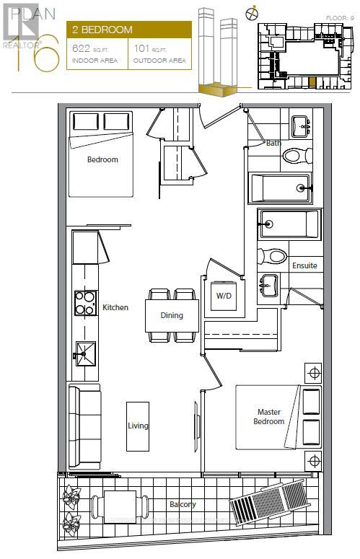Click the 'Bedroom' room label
coord(102,159)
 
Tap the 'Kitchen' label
coord(115,307)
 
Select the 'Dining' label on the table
coord(172,315)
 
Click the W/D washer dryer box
coord(224,296)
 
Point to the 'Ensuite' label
coord(304,265)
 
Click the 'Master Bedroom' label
coord(270,417)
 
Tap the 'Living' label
coord(138,426)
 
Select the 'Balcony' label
coord(183,504)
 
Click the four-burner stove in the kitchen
coord(85,303)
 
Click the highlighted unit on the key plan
coord(312,81)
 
